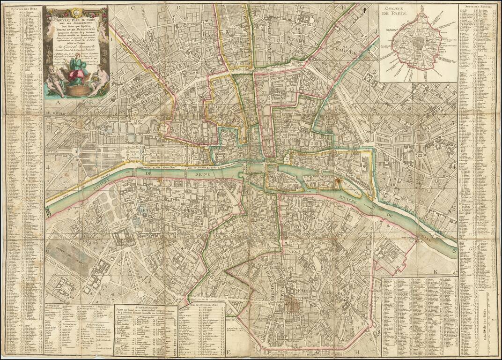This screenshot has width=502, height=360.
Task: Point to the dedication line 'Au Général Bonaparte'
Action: coord(76,46)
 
